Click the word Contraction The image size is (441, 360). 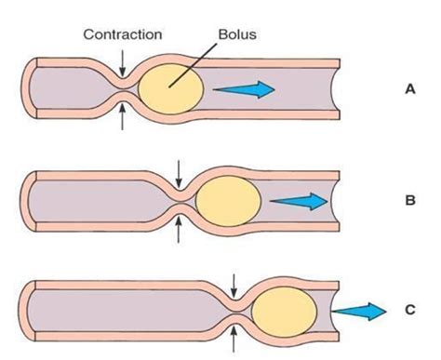(x=123, y=34)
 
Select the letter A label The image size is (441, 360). (x=409, y=90)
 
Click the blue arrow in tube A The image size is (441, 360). (x=244, y=89)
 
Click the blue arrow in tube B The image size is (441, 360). (x=300, y=200)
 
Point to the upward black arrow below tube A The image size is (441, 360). (x=123, y=116)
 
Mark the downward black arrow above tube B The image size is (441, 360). (x=179, y=171)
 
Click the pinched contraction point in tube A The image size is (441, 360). (x=123, y=89)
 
